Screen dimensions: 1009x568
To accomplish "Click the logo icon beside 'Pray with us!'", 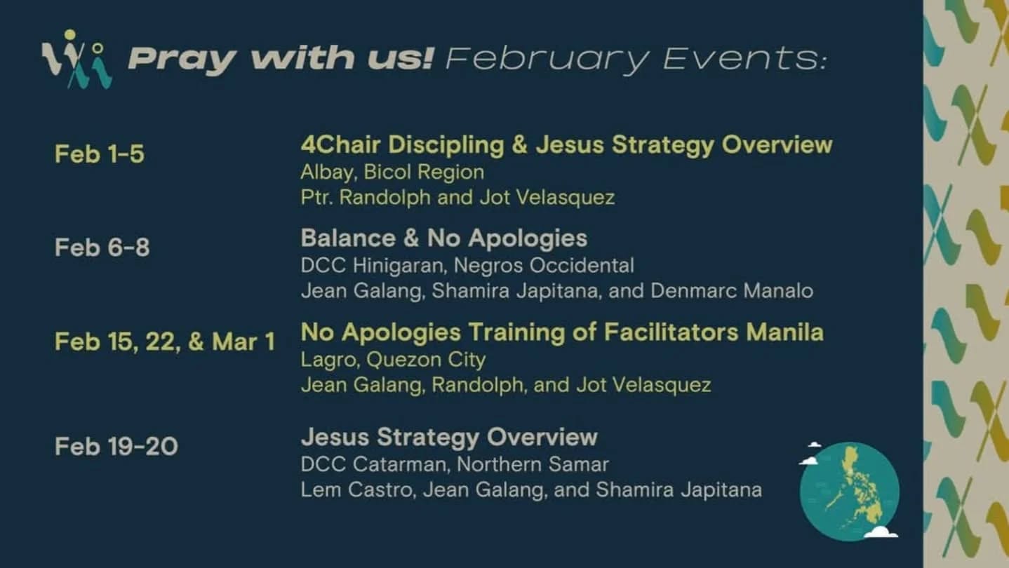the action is coord(76,59).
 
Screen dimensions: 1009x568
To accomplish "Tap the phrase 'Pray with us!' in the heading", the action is coord(281,59).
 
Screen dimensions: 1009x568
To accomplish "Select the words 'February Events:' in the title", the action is coord(636,59).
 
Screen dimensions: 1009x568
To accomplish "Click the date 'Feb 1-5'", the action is coord(100,154).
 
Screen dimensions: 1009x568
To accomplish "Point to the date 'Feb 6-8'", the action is coord(102,248).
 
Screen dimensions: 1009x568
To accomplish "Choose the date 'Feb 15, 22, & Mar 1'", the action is coord(164,342).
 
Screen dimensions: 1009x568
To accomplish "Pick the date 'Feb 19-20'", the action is coord(116,447).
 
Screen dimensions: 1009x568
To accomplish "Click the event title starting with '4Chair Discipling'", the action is coord(566,145).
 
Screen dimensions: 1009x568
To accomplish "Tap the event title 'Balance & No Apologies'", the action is coord(443,238).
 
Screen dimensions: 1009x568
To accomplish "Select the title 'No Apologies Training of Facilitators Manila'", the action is coord(562,332).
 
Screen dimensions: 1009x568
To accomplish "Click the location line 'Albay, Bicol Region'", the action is coord(392,173).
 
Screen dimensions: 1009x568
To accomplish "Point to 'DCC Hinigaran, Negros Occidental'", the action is coord(467,266).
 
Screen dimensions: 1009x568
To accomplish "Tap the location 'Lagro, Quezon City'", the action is coord(393,360).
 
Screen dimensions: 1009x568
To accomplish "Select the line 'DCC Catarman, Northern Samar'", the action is coord(455,464).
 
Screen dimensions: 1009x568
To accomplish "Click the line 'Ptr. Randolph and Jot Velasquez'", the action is coord(457,198).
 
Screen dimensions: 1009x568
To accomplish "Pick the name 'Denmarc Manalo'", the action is coord(732,291).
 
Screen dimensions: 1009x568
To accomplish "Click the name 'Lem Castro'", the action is coord(356,490).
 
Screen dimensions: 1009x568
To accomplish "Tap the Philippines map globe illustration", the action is coord(850,492).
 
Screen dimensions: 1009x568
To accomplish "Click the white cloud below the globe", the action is coord(881,532).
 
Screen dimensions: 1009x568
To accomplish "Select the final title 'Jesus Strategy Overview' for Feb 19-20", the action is coord(449,437).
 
